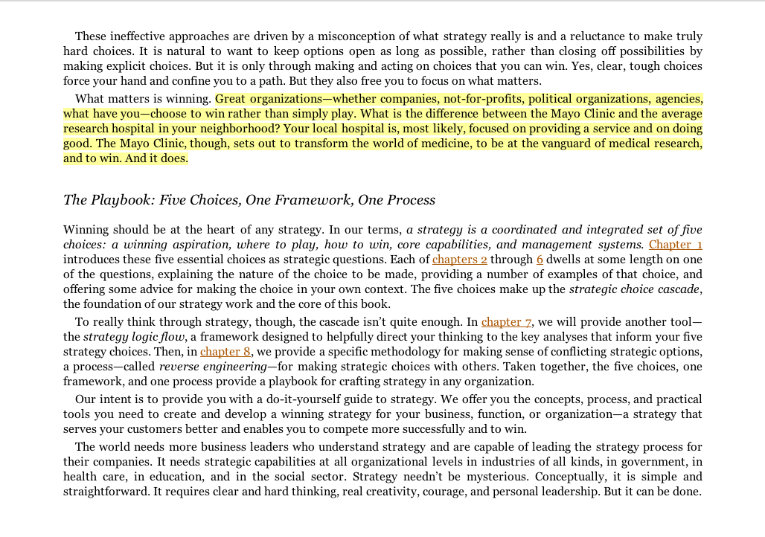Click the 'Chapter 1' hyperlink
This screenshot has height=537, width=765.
pyautogui.click(x=676, y=245)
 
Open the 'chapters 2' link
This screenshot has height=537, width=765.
pyautogui.click(x=460, y=260)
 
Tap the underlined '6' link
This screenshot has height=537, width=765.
pyautogui.click(x=540, y=260)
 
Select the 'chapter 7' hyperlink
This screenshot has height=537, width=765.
pyautogui.click(x=506, y=322)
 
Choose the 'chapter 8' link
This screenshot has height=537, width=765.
pyautogui.click(x=225, y=352)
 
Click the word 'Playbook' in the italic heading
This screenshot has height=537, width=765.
pyautogui.click(x=123, y=200)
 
